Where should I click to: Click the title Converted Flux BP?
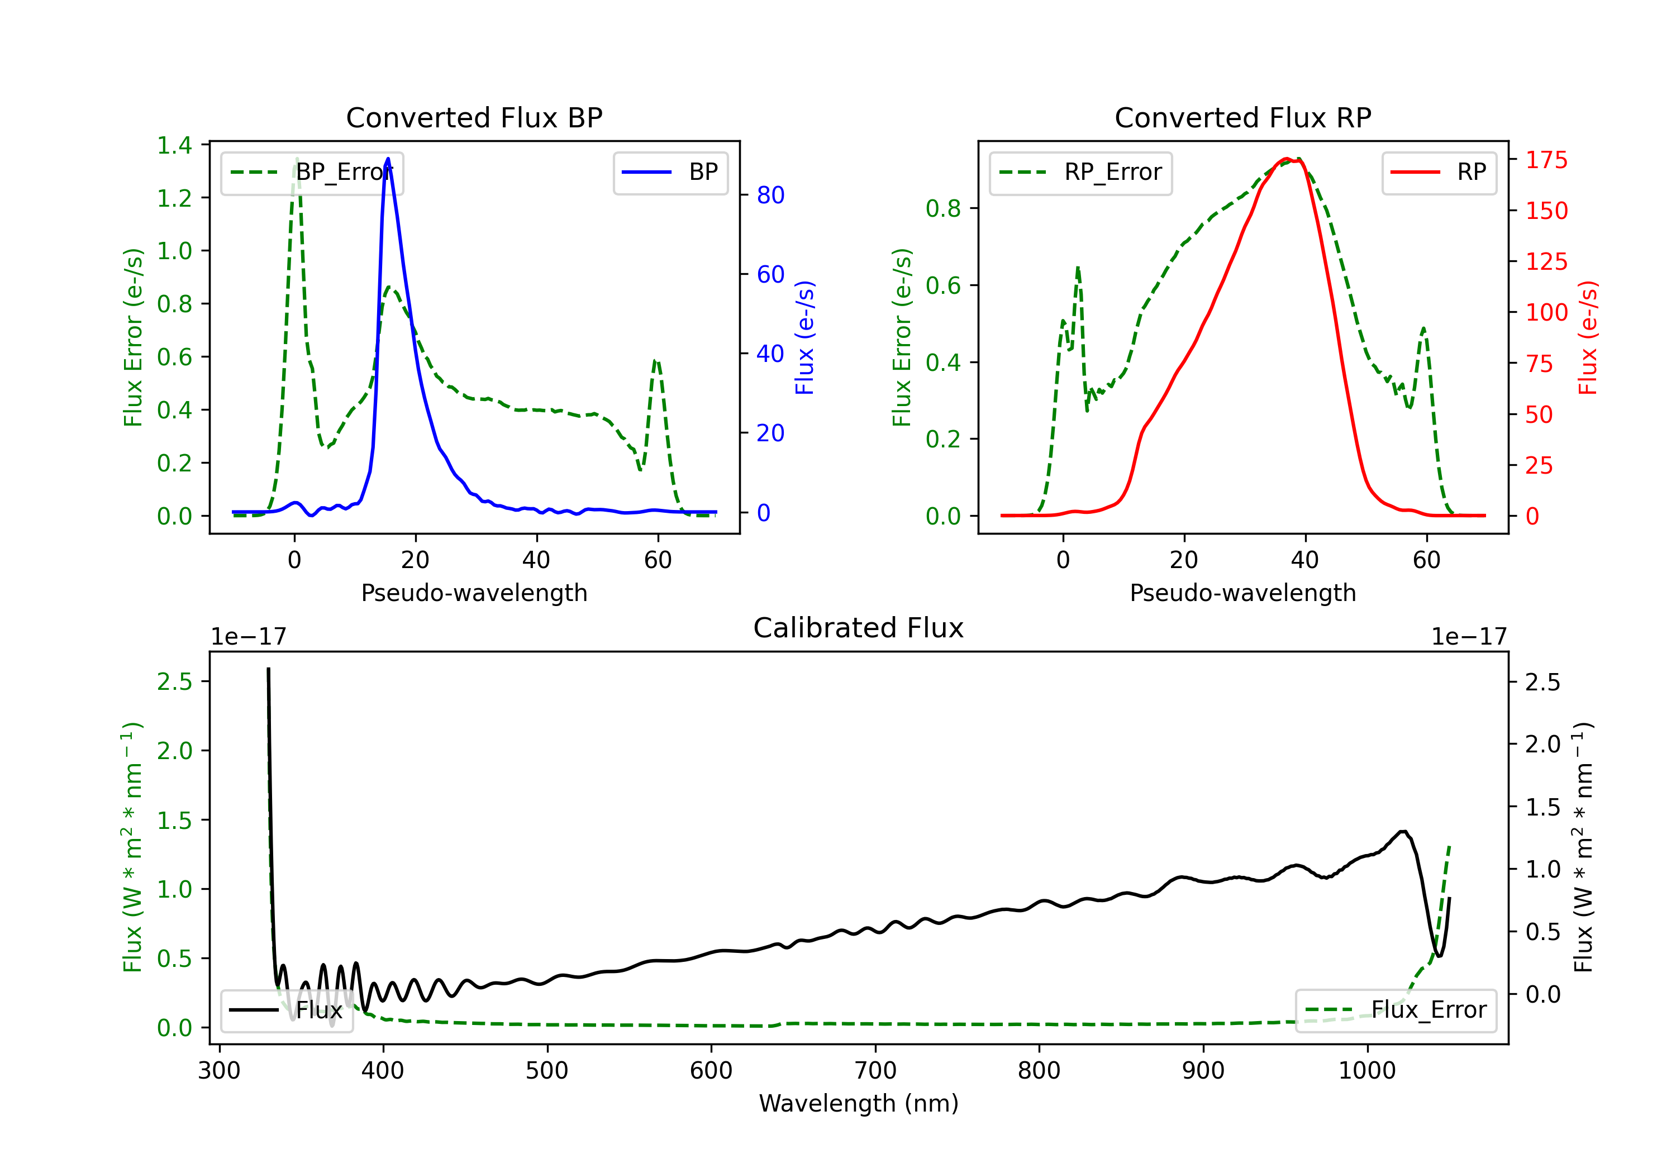pyautogui.click(x=474, y=117)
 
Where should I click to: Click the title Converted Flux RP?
pyautogui.click(x=1242, y=117)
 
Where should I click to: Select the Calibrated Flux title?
pyautogui.click(x=859, y=628)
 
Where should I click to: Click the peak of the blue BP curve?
pyautogui.click(x=388, y=159)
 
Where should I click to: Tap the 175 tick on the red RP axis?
pyautogui.click(x=1546, y=160)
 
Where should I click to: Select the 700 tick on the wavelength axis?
pyautogui.click(x=875, y=1070)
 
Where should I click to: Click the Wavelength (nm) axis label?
pyautogui.click(x=859, y=1103)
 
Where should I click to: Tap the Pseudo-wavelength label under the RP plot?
pyautogui.click(x=1242, y=593)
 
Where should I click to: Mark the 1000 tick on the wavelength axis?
pyautogui.click(x=1366, y=1070)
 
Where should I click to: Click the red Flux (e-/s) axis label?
pyautogui.click(x=1588, y=337)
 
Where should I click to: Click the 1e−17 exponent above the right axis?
pyautogui.click(x=1469, y=637)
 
